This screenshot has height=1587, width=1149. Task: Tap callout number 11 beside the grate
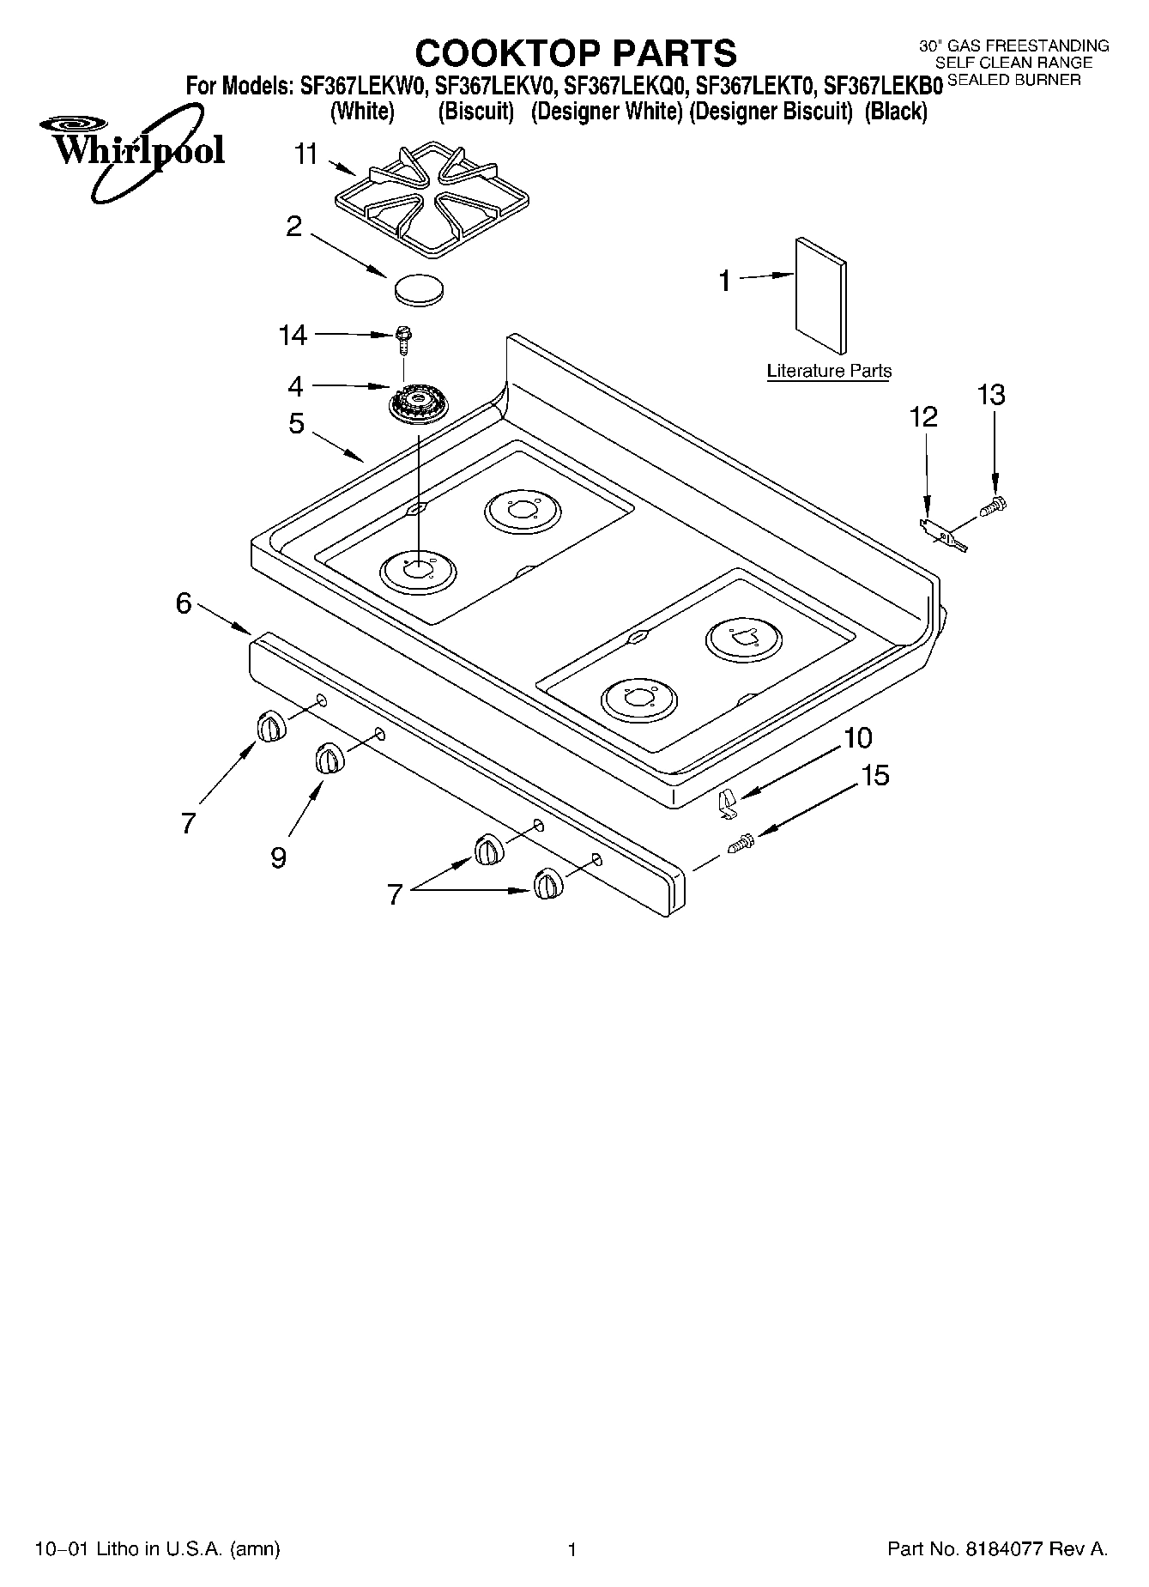click(x=305, y=154)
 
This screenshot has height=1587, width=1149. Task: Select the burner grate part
click(x=414, y=198)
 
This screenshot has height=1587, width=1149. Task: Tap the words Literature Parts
click(x=829, y=371)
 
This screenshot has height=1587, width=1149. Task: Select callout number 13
click(x=991, y=395)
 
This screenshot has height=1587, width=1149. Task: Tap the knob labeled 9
click(x=328, y=759)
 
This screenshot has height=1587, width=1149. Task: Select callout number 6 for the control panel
click(x=184, y=603)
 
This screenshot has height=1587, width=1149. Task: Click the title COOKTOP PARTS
click(x=576, y=53)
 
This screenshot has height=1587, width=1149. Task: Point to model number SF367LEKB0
click(x=883, y=86)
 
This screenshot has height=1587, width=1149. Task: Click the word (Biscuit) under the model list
click(x=475, y=112)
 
